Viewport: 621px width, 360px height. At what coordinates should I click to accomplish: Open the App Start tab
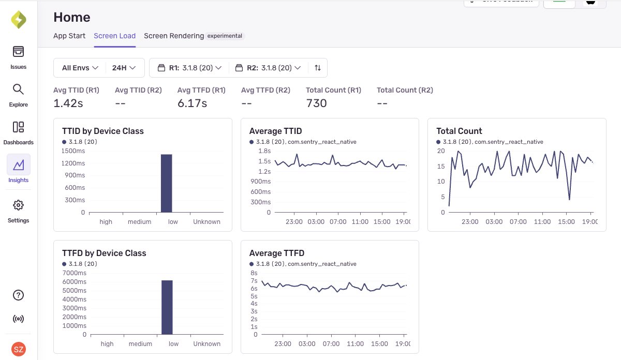tap(69, 36)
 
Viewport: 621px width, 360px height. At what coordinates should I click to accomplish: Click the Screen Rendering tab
tap(174, 36)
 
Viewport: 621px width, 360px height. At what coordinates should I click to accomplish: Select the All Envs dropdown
tap(80, 68)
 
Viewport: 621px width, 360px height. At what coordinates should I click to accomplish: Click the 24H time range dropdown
tap(124, 68)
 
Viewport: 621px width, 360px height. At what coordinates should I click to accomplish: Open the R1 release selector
tap(189, 68)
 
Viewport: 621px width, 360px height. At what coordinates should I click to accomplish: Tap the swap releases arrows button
tap(318, 68)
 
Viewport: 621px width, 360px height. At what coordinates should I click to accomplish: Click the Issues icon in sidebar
tap(18, 52)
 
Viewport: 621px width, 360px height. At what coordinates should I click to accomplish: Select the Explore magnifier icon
tap(18, 89)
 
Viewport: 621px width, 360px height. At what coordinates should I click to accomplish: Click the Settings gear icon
tap(18, 205)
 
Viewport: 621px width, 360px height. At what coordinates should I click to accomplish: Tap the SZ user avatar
tap(19, 349)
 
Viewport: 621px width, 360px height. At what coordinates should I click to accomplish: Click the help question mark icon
tap(18, 295)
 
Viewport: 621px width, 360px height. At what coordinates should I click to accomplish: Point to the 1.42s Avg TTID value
tap(68, 103)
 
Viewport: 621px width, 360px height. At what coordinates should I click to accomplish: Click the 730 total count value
tap(316, 103)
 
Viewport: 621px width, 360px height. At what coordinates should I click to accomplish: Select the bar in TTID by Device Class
tap(166, 183)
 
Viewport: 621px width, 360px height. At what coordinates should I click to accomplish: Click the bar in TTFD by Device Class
tap(167, 307)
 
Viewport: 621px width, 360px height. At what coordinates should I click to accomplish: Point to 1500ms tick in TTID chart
tap(73, 151)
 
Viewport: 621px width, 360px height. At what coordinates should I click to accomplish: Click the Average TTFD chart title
tap(276, 253)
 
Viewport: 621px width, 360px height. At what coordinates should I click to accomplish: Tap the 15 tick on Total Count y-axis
tap(441, 166)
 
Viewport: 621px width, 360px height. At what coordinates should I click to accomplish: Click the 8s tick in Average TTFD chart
tap(254, 273)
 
